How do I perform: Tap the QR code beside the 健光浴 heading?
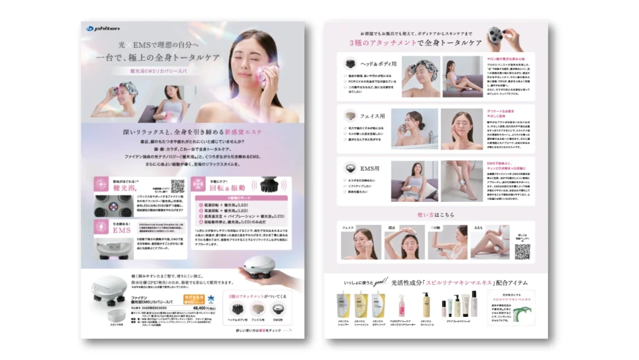click(178, 186)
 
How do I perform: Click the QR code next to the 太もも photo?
click(523, 251)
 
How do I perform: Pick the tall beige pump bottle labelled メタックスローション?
click(426, 304)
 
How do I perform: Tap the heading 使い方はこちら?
click(436, 215)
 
